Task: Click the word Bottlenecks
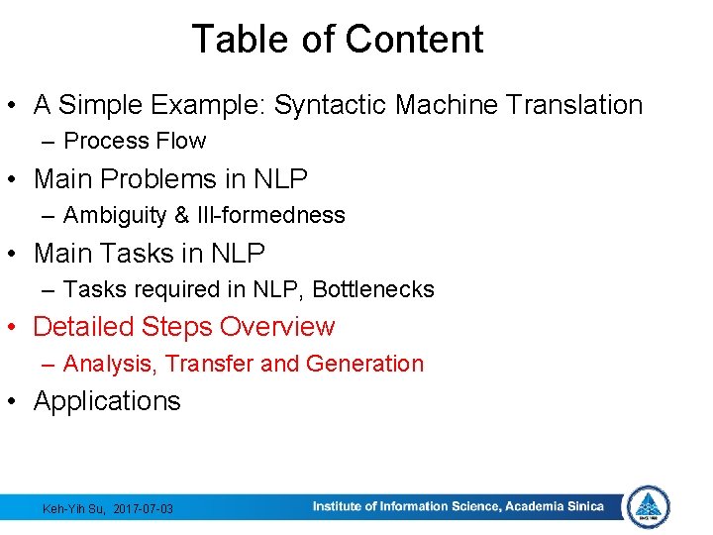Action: (373, 289)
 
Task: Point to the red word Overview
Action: (277, 326)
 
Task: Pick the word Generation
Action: (364, 364)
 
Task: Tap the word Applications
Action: (107, 401)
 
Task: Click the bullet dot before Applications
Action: (16, 402)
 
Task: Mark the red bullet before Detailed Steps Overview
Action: (16, 328)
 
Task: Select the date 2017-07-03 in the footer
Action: (144, 509)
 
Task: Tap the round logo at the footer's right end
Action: (649, 506)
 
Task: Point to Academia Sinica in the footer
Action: (554, 507)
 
